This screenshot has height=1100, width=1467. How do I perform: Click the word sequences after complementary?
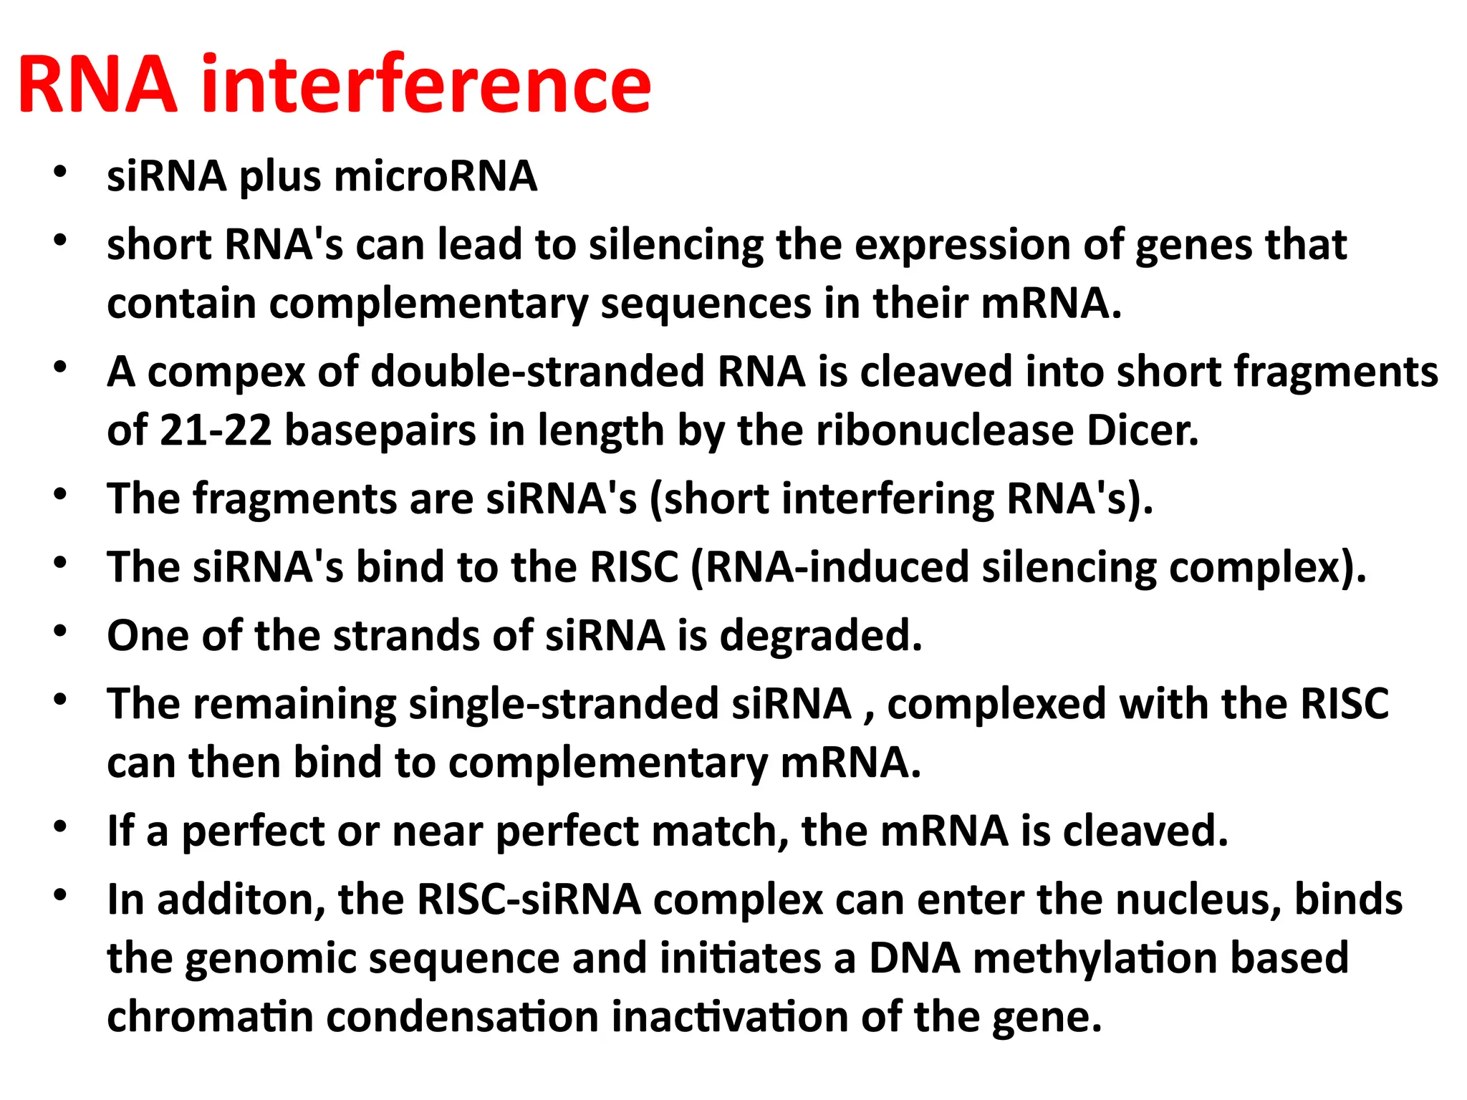click(706, 304)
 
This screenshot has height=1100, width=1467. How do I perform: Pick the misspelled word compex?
click(226, 372)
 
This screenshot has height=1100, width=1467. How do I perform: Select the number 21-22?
click(215, 431)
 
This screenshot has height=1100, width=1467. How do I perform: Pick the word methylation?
click(1095, 959)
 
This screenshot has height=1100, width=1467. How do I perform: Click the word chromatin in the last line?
click(210, 1017)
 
